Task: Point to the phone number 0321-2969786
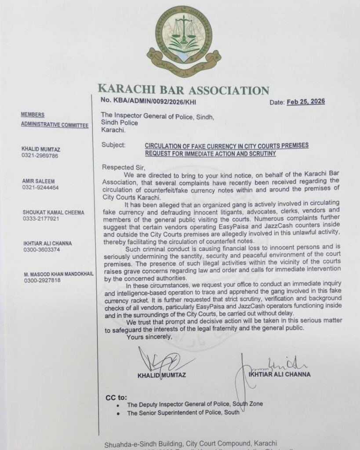[x=40, y=156]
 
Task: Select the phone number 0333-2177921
[x=40, y=219]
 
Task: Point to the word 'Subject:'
[x=113, y=145]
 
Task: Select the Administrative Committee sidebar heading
[x=55, y=125]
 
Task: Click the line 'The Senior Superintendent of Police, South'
[x=183, y=413]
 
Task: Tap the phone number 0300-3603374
[x=40, y=250]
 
